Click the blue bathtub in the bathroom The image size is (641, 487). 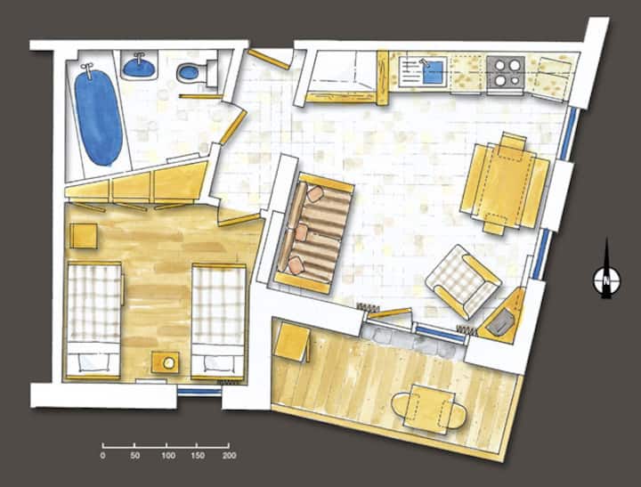(x=98, y=118)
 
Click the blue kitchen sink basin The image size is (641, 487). (x=434, y=72)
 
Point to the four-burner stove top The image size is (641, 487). (x=506, y=71)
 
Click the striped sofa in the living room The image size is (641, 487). (x=314, y=233)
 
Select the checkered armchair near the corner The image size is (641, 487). (x=463, y=281)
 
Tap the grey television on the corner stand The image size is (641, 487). (x=502, y=321)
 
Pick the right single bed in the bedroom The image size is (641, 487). (x=219, y=322)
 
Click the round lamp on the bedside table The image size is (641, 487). (x=169, y=362)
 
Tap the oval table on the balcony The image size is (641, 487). (x=428, y=409)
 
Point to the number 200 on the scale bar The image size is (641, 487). (x=230, y=456)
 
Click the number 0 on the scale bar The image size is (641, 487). (x=102, y=456)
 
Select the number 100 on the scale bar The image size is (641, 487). (x=168, y=456)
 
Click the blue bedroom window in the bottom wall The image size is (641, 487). (x=199, y=392)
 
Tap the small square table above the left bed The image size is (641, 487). (x=84, y=236)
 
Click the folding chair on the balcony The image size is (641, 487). (x=292, y=341)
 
